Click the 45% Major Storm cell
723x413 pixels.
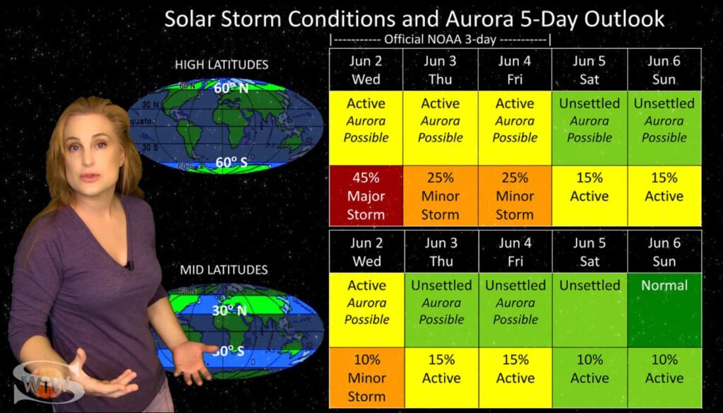pos(366,196)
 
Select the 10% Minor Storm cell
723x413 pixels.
pos(367,378)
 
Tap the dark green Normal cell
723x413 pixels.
pos(664,310)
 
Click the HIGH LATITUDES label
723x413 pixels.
pos(221,64)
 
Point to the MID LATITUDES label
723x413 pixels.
pos(224,269)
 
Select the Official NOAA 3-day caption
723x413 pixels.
pos(440,40)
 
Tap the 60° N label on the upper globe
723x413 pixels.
pos(231,87)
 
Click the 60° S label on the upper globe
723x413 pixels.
pos(232,163)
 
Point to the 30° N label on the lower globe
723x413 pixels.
pos(229,310)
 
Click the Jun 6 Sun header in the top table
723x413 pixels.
pos(664,70)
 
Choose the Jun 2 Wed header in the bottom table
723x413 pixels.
pos(367,252)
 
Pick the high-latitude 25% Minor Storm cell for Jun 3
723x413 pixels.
pos(441,196)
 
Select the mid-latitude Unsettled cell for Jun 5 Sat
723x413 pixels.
pos(590,310)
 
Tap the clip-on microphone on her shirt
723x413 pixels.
pos(130,265)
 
